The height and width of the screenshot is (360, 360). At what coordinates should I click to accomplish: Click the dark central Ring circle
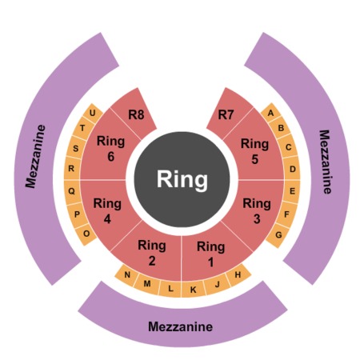[x=182, y=179]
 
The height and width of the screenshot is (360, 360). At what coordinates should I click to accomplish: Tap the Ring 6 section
[x=110, y=149]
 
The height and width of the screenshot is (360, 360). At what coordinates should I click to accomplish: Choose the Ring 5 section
[x=255, y=150]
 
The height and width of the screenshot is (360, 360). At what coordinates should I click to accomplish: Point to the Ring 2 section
[x=151, y=252]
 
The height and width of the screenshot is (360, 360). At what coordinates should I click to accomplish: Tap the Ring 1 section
[x=211, y=254]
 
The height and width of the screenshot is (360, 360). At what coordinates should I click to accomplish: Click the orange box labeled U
[x=93, y=113]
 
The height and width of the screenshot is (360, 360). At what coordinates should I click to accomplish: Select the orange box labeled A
[x=270, y=113]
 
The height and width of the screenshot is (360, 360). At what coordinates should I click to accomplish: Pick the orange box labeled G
[x=278, y=235]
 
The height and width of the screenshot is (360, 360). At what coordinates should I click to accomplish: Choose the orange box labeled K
[x=194, y=290]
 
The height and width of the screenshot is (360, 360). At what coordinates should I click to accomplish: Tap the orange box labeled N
[x=127, y=275]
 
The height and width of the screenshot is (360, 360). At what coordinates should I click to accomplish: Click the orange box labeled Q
[x=72, y=191]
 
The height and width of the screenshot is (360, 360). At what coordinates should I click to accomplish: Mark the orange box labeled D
[x=293, y=169]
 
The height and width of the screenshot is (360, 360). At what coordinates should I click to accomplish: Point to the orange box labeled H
[x=238, y=274]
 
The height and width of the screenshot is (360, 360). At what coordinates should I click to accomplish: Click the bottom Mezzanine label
[x=180, y=326]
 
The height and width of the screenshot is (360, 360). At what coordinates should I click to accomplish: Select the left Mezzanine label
[x=36, y=157]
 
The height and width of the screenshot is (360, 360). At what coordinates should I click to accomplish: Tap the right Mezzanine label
[x=326, y=162]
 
